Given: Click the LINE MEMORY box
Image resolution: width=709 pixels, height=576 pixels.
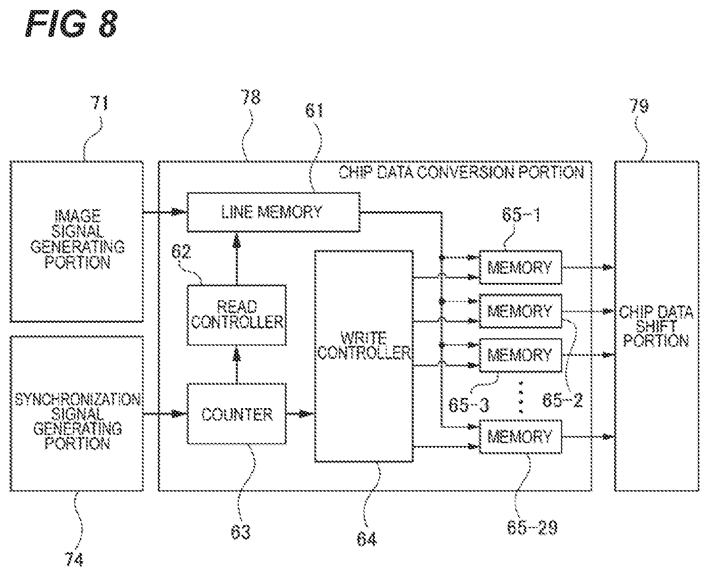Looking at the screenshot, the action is point(273,212).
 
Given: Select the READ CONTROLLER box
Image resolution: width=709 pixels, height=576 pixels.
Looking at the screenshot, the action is point(237,315).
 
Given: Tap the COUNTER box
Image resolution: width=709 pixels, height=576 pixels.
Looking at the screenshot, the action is point(237,414).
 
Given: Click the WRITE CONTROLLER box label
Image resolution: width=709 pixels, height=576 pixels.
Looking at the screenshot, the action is point(364,345).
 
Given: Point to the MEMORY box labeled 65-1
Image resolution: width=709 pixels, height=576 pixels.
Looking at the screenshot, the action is point(521,267).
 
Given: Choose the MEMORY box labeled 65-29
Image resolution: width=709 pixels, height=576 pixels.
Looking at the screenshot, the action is point(521,436).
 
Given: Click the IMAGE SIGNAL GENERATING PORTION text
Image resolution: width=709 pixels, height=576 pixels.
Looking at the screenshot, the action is point(77,239).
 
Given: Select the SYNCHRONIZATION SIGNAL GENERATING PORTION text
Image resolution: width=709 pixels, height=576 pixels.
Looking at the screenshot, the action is point(77,421).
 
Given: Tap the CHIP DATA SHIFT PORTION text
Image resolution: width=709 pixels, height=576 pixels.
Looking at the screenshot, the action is point(656,326).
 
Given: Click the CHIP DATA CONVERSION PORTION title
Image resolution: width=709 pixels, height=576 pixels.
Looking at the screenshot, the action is point(461,172).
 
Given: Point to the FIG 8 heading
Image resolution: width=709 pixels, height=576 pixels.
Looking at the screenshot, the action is point(71,24).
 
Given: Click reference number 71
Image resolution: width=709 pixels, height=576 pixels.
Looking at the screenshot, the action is point(100,103).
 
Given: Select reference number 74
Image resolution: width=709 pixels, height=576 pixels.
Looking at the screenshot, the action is point(74,559).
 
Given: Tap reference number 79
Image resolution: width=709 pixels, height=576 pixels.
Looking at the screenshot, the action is point(639,106).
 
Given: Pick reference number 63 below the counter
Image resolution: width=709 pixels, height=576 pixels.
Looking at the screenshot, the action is point(240,532).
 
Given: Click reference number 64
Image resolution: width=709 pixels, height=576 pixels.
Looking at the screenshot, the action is point(366,540).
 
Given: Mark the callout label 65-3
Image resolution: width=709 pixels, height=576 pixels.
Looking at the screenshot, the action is point(469,405).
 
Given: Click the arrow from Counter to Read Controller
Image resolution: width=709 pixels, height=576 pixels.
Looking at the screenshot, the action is point(237,364).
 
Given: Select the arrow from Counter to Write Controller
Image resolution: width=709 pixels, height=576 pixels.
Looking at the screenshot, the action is point(301,414).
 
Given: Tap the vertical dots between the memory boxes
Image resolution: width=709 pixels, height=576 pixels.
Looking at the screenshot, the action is point(521,397).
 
